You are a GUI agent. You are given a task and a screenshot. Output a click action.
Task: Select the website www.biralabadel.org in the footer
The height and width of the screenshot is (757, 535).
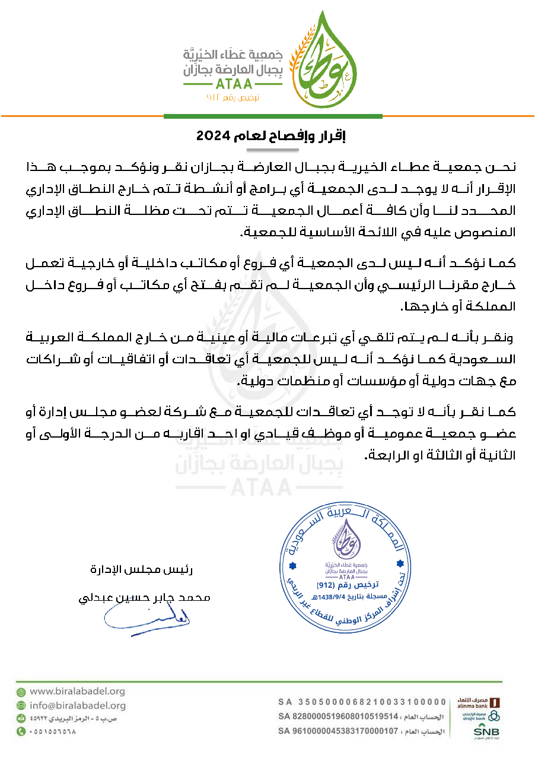tap(77, 691)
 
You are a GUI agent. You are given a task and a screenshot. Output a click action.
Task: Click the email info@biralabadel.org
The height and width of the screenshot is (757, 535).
tap(78, 705)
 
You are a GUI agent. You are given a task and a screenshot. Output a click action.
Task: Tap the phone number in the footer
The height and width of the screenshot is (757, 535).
tap(53, 731)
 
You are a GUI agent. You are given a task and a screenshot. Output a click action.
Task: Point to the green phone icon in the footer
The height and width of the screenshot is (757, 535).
tap(21, 731)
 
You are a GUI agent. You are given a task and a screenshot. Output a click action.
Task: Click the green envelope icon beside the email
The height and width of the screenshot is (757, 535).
tap(21, 705)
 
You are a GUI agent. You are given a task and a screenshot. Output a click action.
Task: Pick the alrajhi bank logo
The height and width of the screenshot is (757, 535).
tap(483, 717)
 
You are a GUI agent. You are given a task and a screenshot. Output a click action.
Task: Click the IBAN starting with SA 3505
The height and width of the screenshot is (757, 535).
tap(362, 702)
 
